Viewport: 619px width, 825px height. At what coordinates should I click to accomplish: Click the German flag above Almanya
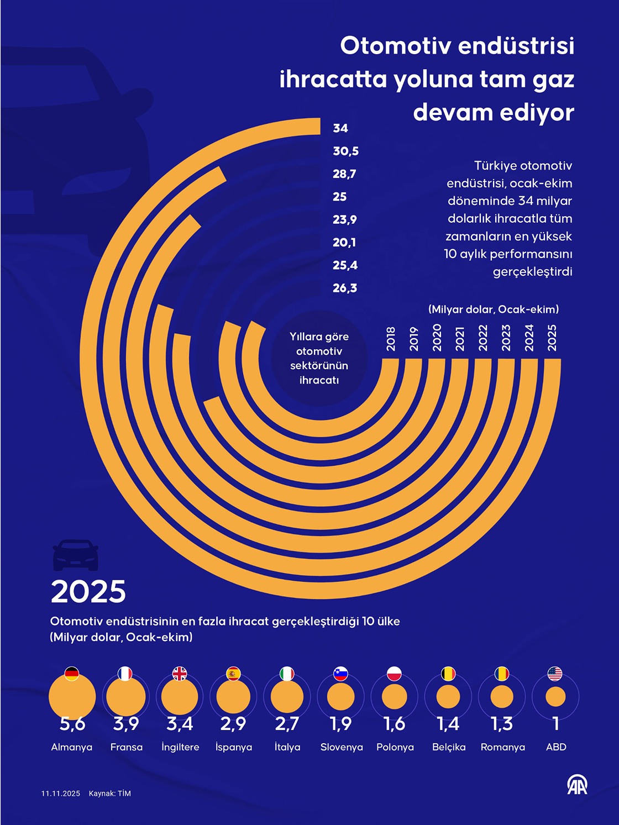point(72,674)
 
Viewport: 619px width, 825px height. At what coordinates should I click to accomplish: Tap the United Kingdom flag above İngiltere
point(180,674)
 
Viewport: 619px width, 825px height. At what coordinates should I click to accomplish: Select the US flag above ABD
point(555,674)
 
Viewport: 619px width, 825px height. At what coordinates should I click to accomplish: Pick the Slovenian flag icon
point(340,674)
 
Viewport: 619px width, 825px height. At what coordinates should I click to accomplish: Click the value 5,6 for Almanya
point(72,723)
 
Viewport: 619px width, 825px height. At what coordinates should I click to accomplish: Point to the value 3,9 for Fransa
point(126,723)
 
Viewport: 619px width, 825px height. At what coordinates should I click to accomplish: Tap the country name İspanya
point(234,747)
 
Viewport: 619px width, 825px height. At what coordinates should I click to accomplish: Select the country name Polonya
point(395,747)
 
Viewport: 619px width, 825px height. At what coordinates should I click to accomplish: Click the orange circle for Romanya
point(502,697)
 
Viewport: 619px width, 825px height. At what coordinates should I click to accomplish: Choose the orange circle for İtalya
point(287,697)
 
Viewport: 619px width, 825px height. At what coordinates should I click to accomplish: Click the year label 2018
point(391,338)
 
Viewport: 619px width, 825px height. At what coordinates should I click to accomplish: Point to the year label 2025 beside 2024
point(552,337)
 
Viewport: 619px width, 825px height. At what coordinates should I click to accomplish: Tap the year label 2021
point(460,338)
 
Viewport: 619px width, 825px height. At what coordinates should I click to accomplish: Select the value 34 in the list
point(340,128)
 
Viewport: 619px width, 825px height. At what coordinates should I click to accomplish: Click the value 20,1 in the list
point(344,242)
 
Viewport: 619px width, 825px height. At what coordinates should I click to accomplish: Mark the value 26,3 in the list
point(345,288)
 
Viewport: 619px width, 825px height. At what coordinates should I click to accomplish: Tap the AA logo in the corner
point(578,785)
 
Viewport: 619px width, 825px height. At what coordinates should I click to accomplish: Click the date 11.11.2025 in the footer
point(61,794)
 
